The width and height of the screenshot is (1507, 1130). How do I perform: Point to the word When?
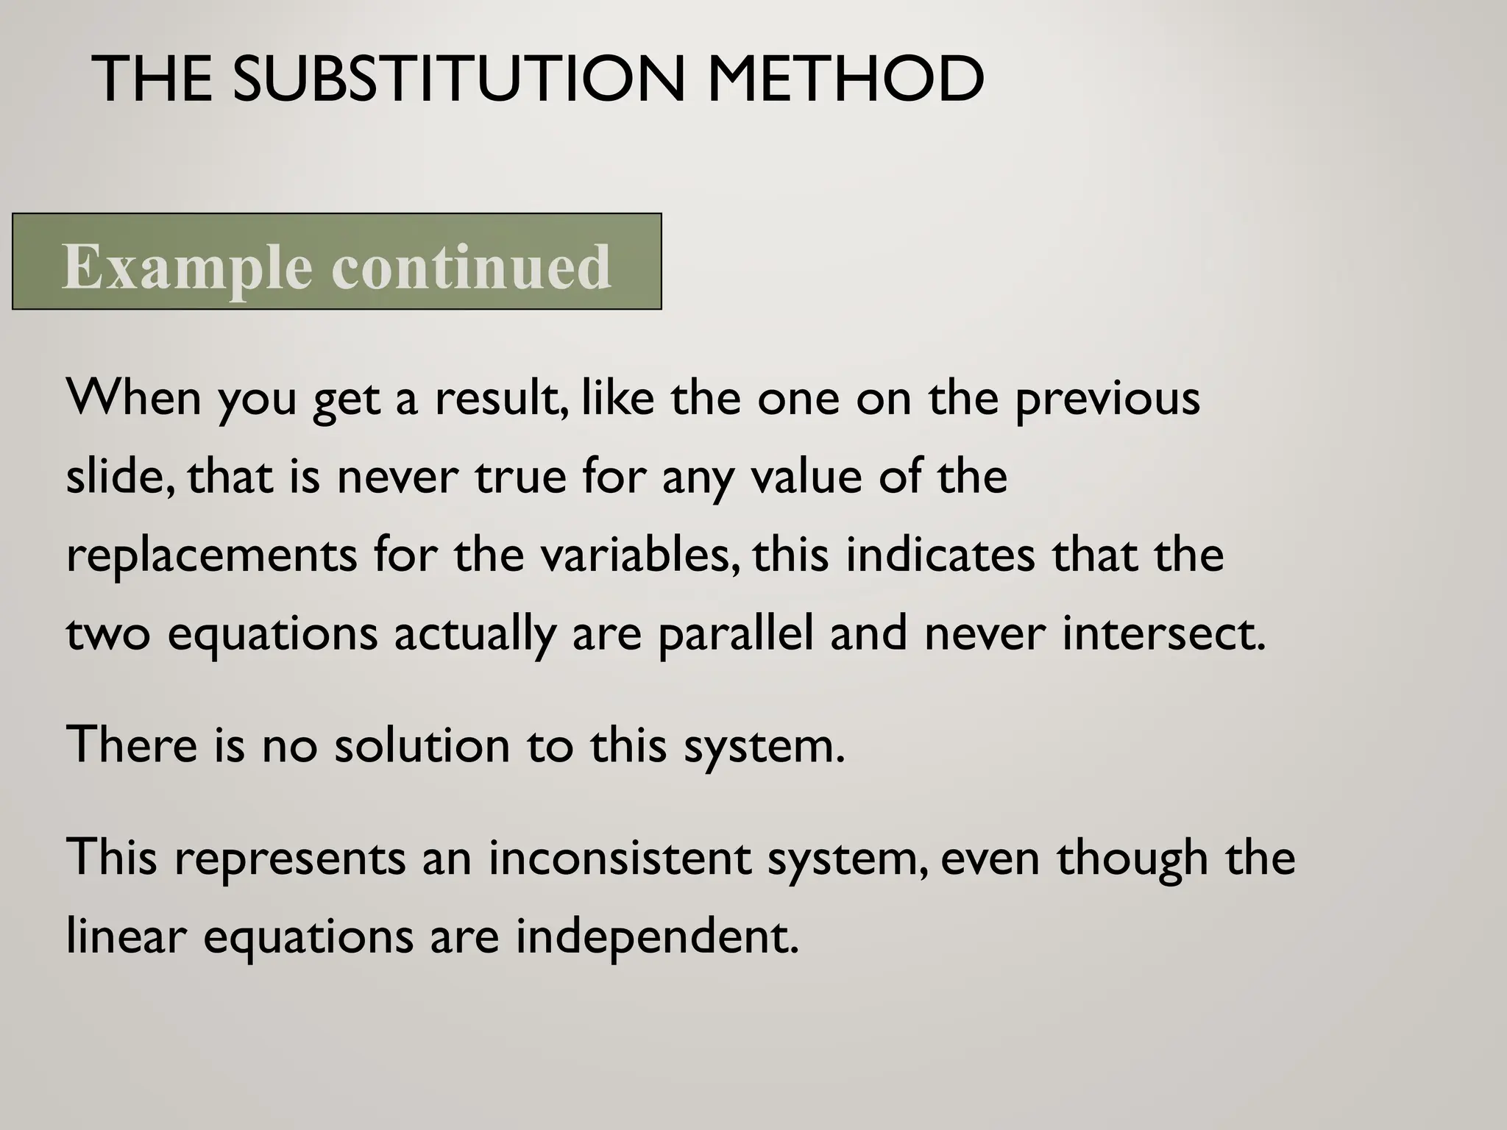coord(133,398)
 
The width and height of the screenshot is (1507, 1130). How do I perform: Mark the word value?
coord(806,476)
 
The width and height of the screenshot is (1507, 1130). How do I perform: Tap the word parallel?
coord(736,634)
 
